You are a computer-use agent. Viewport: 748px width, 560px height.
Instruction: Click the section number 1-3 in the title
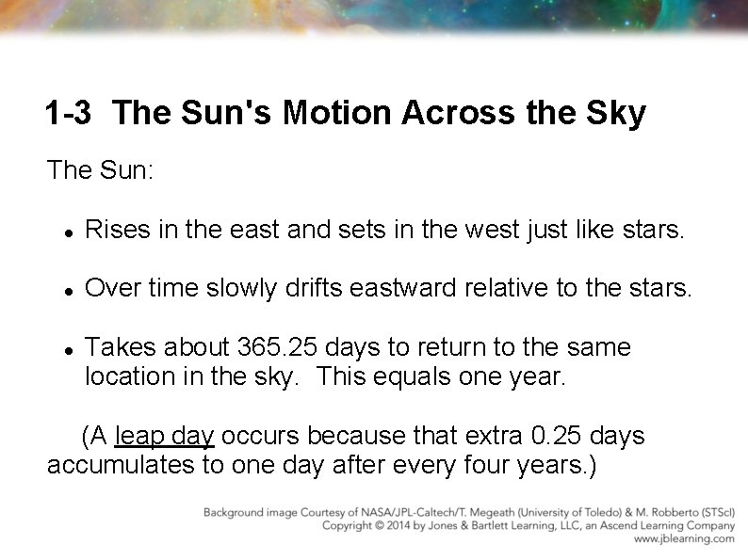68,114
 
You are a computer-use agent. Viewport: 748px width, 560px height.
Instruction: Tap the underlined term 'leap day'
164,437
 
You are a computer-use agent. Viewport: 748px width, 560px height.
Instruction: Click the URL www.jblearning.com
684,539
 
